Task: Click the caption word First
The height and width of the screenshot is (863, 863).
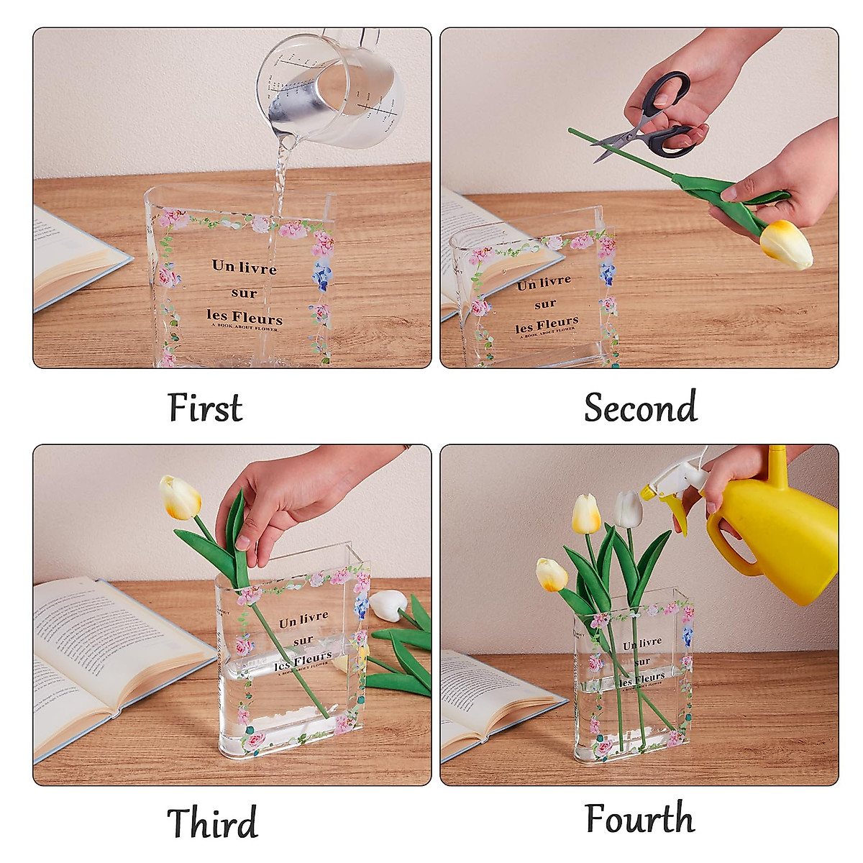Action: click(x=205, y=407)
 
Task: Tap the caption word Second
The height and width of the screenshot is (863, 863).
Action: click(x=640, y=407)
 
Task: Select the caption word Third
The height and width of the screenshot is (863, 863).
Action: click(x=212, y=822)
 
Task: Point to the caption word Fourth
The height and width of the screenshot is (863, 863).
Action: click(x=640, y=818)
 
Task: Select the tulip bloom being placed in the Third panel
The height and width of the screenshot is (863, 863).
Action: click(x=180, y=497)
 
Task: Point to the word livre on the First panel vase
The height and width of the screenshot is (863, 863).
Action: click(x=257, y=268)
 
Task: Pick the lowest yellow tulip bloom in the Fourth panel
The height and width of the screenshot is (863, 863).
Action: click(x=552, y=574)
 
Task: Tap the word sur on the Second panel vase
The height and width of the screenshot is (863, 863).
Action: click(x=545, y=304)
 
